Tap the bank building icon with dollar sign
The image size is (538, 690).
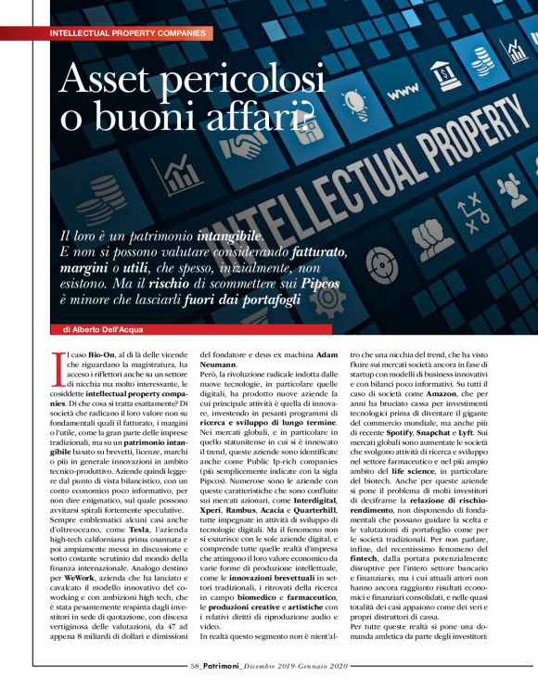444,71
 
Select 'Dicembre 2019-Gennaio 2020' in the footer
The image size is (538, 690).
294,665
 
